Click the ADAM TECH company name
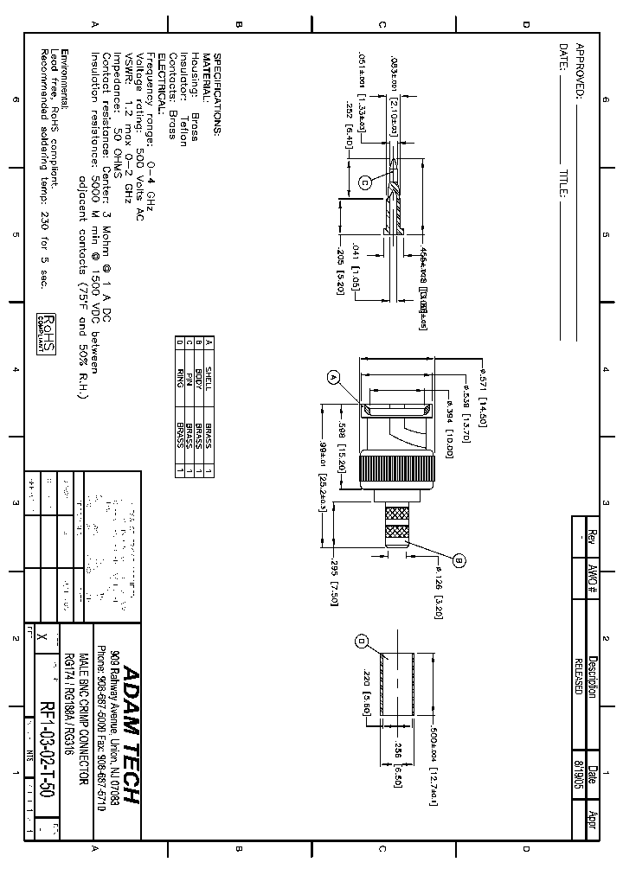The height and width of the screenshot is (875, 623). point(130,736)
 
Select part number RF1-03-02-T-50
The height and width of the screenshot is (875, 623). point(48,739)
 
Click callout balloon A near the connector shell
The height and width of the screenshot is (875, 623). point(333,377)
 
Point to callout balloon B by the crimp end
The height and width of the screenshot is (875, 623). point(459,560)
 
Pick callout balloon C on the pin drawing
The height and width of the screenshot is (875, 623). point(364,182)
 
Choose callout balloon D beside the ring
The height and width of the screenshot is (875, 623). point(362,640)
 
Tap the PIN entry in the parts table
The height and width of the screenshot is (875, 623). point(189,381)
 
